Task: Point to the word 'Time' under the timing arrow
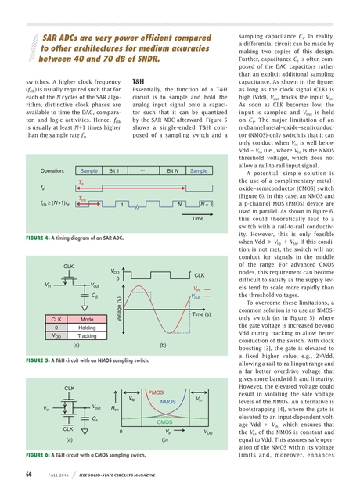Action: [x=197, y=219]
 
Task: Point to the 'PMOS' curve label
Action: [x=156, y=392]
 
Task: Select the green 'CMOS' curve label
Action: [x=165, y=422]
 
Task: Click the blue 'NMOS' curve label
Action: [x=167, y=402]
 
